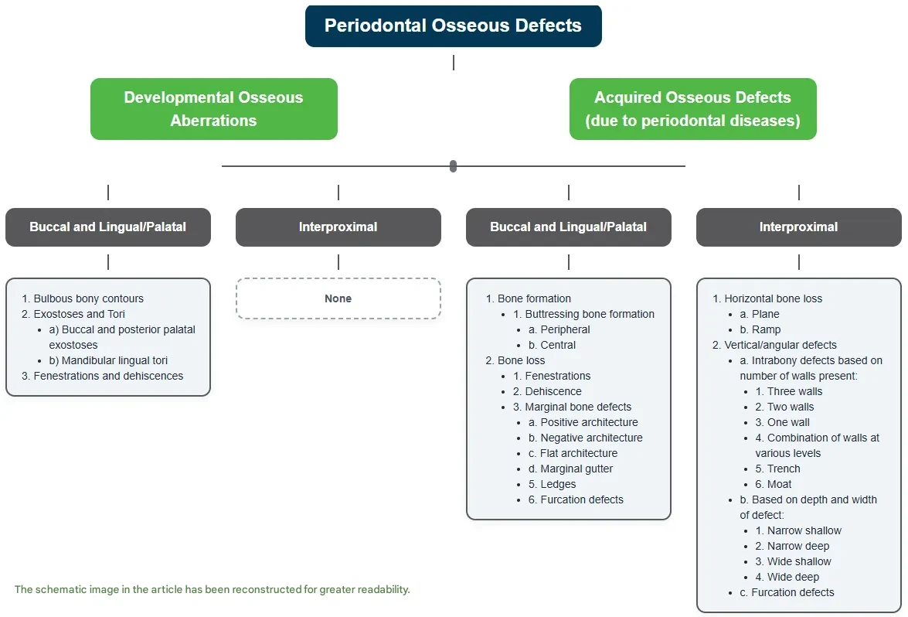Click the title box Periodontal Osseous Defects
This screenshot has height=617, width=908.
point(453,26)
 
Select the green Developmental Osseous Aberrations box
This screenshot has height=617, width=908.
point(213,109)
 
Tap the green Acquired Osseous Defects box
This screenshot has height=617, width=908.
point(692,109)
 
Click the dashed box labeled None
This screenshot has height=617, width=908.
point(338,298)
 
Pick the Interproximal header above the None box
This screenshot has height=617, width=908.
point(338,227)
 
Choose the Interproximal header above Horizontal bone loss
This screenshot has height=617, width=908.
point(798,227)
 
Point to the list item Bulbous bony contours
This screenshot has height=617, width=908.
point(88,298)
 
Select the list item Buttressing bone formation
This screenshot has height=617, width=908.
point(589,314)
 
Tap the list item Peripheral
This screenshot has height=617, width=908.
point(565,329)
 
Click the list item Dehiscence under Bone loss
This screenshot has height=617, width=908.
point(553,391)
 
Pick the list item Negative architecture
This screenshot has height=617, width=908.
point(591,438)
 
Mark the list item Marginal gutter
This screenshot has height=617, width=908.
point(576,469)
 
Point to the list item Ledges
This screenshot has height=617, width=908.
point(558,484)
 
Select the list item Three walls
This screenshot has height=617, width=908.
point(794,391)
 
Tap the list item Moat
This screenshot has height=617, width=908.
point(779,484)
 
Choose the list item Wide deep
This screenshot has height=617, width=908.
point(792,577)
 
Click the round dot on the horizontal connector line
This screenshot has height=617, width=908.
point(453,166)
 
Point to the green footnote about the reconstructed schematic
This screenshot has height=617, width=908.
point(212,589)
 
